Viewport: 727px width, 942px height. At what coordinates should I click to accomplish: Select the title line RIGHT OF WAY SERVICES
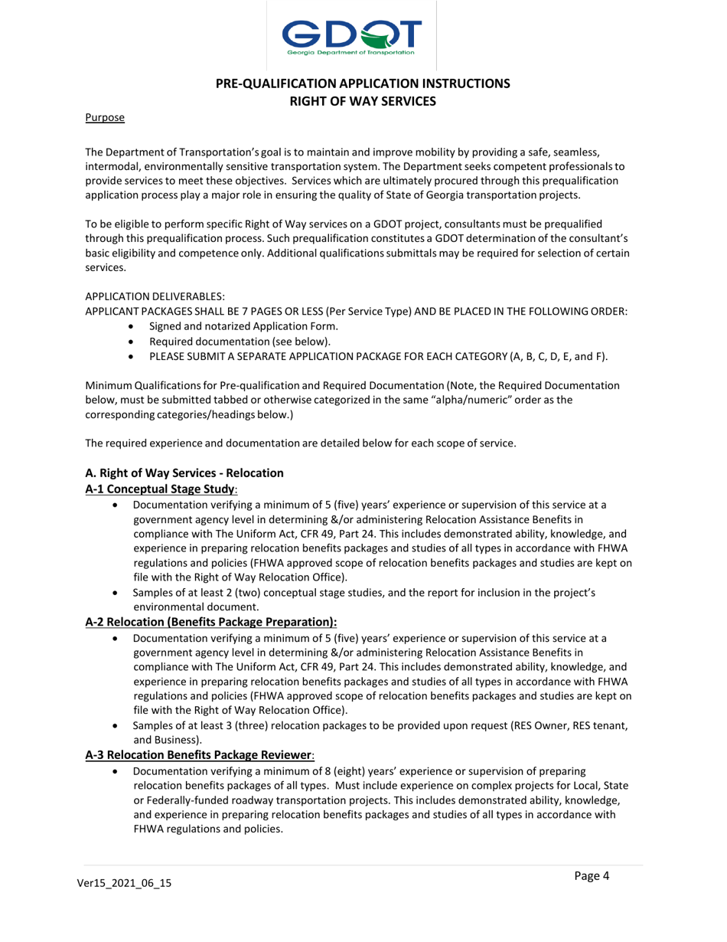click(363, 99)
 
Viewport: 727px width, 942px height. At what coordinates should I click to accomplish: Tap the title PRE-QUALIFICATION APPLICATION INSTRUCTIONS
click(363, 83)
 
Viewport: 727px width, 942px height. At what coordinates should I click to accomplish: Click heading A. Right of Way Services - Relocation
click(184, 473)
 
